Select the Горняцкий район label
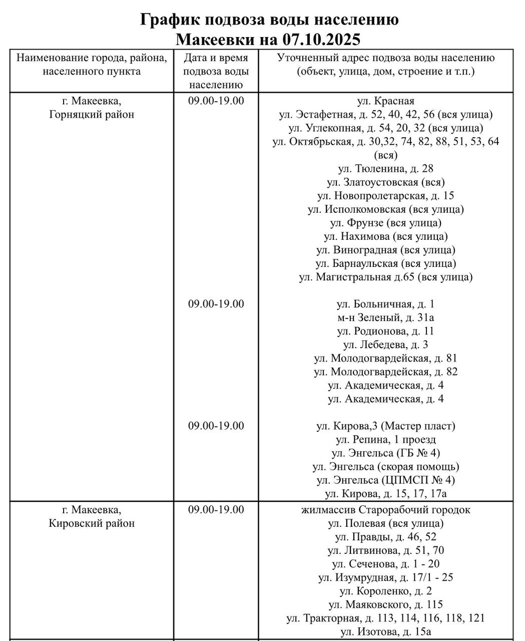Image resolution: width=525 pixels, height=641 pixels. pyautogui.click(x=92, y=114)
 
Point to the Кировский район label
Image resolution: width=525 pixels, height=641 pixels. pyautogui.click(x=92, y=523)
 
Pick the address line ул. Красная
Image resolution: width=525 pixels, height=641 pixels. pyautogui.click(x=386, y=101)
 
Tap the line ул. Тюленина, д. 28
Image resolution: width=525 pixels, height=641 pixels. pyautogui.click(x=386, y=168)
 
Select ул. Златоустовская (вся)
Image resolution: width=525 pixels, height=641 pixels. pyautogui.click(x=386, y=182)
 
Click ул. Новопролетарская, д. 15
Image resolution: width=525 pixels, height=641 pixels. pyautogui.click(x=386, y=195)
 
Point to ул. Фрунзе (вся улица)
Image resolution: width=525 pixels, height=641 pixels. pyautogui.click(x=386, y=222)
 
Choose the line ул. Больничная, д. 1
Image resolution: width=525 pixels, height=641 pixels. pyautogui.click(x=386, y=304)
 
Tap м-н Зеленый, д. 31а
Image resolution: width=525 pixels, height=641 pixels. pyautogui.click(x=386, y=317)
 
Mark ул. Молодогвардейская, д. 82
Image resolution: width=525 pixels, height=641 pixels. pyautogui.click(x=386, y=372)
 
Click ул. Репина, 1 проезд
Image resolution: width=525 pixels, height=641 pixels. pyautogui.click(x=386, y=439)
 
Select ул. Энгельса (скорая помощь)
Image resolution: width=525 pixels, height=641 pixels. pyautogui.click(x=386, y=466)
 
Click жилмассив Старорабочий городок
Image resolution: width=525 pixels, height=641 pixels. pyautogui.click(x=386, y=510)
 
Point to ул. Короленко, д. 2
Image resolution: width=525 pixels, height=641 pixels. pyautogui.click(x=386, y=591)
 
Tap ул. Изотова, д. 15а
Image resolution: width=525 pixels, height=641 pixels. pyautogui.click(x=386, y=631)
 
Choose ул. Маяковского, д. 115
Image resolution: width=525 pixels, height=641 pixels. pyautogui.click(x=386, y=604)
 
